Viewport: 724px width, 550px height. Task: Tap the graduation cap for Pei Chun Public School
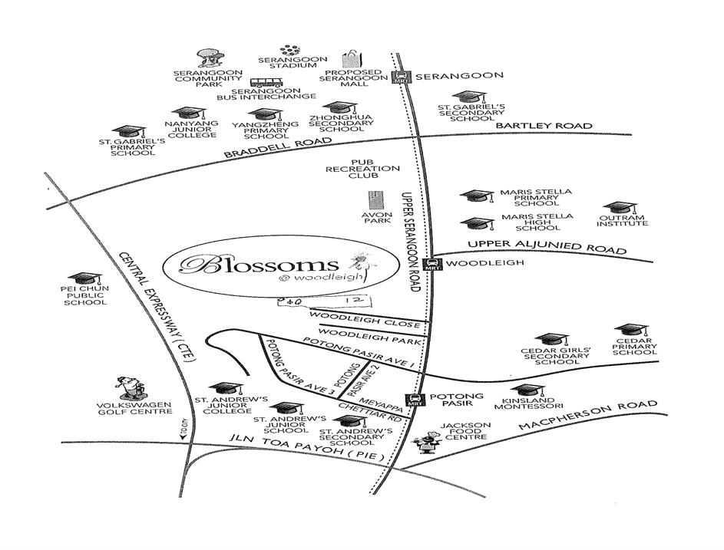pos(84,278)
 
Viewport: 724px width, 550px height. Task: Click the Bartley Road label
pos(544,126)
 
